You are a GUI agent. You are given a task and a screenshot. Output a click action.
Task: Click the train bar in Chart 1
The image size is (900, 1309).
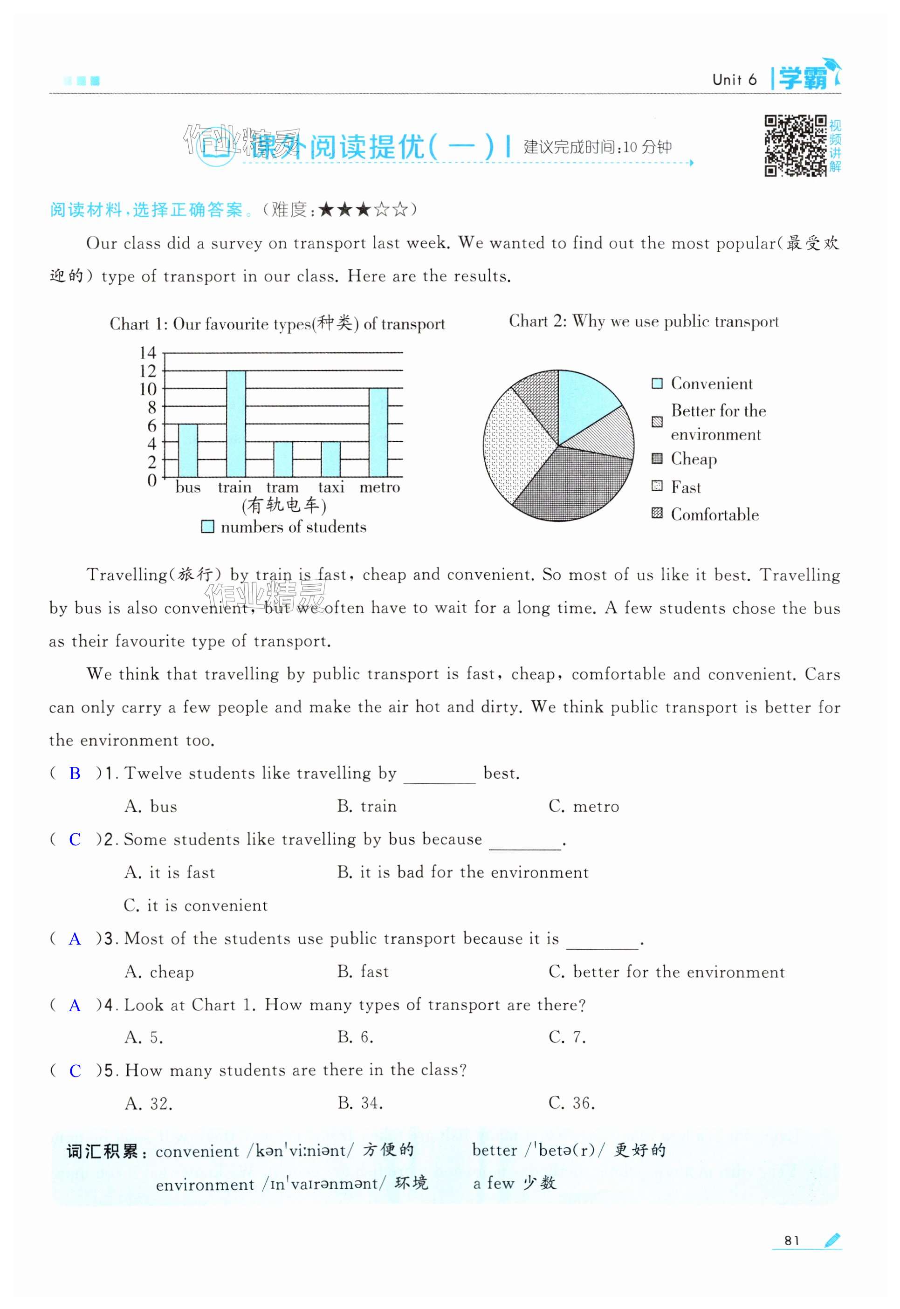pyautogui.click(x=236, y=424)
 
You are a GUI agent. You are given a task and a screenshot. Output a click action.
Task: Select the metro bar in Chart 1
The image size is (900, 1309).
pyautogui.click(x=378, y=432)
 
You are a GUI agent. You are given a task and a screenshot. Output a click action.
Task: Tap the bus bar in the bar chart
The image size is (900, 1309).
pyautogui.click(x=188, y=451)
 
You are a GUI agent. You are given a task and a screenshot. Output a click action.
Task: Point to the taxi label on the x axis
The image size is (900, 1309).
pyautogui.click(x=331, y=487)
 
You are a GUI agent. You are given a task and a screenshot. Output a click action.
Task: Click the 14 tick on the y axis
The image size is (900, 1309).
pyautogui.click(x=148, y=353)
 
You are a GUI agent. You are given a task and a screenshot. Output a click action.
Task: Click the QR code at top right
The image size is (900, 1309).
pyautogui.click(x=795, y=145)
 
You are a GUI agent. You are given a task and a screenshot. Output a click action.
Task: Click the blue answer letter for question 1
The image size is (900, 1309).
pyautogui.click(x=75, y=774)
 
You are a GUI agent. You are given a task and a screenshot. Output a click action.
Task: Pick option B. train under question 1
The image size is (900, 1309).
pyautogui.click(x=366, y=806)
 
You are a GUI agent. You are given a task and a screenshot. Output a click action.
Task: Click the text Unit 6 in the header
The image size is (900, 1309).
pyautogui.click(x=734, y=80)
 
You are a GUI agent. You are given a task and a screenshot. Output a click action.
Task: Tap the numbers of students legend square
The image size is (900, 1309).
pyautogui.click(x=208, y=527)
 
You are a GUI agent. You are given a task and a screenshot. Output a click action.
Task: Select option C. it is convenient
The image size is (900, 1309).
pyautogui.click(x=196, y=905)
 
